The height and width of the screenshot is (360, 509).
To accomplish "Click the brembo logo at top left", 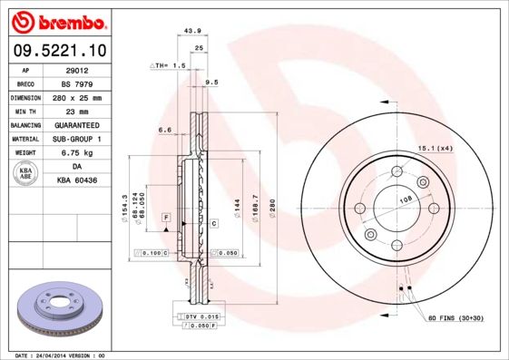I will (x=57, y=20).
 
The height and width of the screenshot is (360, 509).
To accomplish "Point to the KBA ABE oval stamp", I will (x=26, y=172).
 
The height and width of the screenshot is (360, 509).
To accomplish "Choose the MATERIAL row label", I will (x=24, y=138).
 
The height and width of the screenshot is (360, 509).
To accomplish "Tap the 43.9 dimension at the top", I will (x=192, y=32).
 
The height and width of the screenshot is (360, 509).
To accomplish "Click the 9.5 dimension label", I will (x=212, y=83).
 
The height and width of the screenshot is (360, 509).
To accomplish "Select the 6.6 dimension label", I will (x=165, y=131).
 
